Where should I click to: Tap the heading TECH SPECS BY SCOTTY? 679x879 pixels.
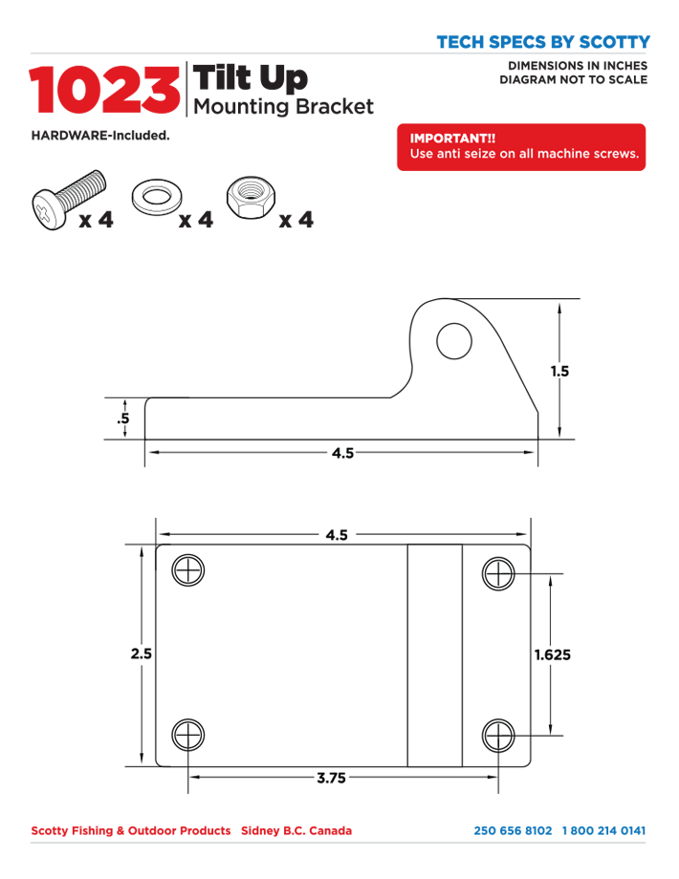click(542, 42)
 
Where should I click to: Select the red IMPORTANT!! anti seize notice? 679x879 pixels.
click(521, 147)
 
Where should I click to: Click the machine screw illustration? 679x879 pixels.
click(68, 197)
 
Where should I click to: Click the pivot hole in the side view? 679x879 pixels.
click(454, 340)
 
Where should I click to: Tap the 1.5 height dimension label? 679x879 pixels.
click(559, 372)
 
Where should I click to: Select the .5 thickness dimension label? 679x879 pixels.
click(123, 419)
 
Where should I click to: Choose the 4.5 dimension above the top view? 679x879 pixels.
click(336, 536)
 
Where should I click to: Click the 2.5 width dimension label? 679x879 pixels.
click(142, 654)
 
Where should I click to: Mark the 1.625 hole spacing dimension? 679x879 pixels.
click(552, 655)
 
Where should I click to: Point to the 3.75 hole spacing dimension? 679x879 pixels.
click(331, 778)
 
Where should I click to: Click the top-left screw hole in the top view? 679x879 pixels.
click(188, 570)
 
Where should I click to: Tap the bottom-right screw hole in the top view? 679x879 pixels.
click(498, 736)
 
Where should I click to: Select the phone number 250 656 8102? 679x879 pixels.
click(513, 830)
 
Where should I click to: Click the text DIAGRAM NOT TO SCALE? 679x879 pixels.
click(574, 79)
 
